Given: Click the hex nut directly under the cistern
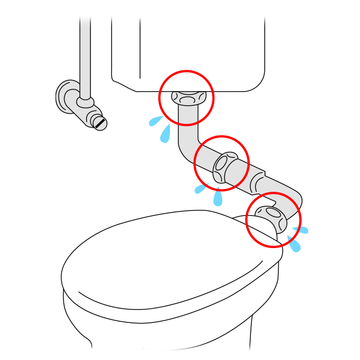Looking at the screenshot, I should coord(186,97).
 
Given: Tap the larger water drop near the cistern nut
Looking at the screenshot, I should coord(165,133).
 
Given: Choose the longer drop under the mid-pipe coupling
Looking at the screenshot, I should coord(218,197).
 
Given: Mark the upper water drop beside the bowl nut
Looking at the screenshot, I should coord(300,229).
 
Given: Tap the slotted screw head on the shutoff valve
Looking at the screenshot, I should coord(100,122).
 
